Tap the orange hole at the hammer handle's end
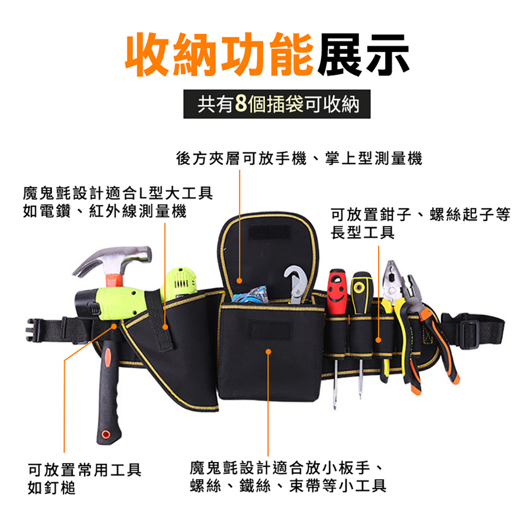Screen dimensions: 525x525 point(106,434)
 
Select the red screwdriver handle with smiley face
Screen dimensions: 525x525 point(338,291)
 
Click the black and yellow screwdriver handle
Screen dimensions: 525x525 point(361,292)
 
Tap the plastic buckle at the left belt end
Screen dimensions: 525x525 point(33,330)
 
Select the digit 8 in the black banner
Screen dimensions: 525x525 point(241,103)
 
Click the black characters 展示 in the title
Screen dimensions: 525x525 point(363,55)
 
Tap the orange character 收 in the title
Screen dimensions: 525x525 point(148,55)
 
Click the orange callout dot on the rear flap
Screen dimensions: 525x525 point(239,280)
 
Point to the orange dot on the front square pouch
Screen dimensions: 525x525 point(268,352)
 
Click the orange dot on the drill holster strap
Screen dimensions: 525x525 point(165,327)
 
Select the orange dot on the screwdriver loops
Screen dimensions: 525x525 point(379,340)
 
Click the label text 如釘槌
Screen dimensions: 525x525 point(52,488)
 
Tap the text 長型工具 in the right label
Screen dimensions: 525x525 point(363,233)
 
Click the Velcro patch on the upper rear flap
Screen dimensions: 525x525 point(269,232)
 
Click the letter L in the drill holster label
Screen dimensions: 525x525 point(142,193)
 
